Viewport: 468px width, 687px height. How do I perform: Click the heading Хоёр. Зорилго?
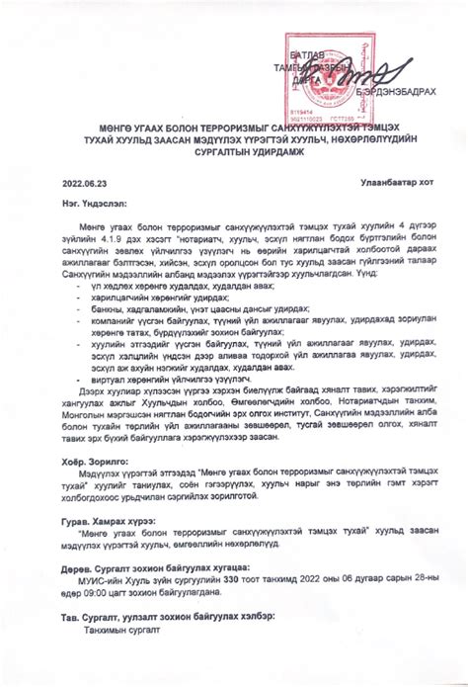(93, 462)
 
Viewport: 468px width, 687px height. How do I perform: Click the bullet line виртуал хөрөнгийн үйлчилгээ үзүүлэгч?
(162, 378)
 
